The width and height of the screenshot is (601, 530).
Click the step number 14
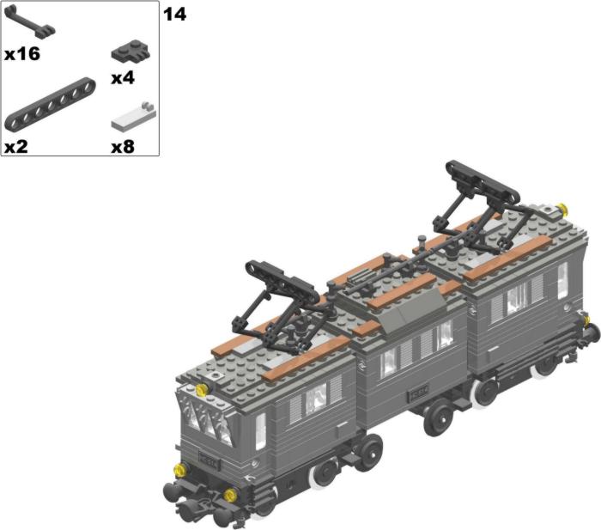175,15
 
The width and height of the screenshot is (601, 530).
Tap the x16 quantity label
22,54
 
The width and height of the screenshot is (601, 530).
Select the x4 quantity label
123,78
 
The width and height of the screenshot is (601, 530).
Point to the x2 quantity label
16,147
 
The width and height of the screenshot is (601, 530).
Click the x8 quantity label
123,147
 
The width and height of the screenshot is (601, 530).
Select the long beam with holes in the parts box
50,104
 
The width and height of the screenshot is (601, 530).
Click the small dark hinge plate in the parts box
131,51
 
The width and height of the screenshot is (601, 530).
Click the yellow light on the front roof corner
201,390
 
